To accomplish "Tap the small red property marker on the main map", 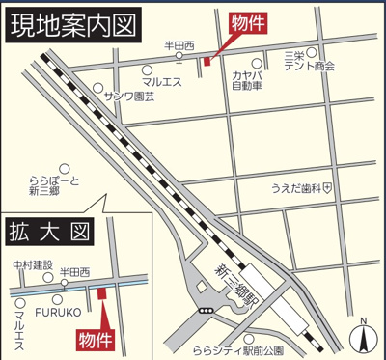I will click(207, 61).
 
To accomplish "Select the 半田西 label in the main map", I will click(179, 45).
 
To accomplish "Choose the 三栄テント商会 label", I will click(310, 61).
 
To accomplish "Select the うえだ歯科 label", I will click(296, 187).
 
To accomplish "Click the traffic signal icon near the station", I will click(204, 311).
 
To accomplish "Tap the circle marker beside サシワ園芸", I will click(99, 87).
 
